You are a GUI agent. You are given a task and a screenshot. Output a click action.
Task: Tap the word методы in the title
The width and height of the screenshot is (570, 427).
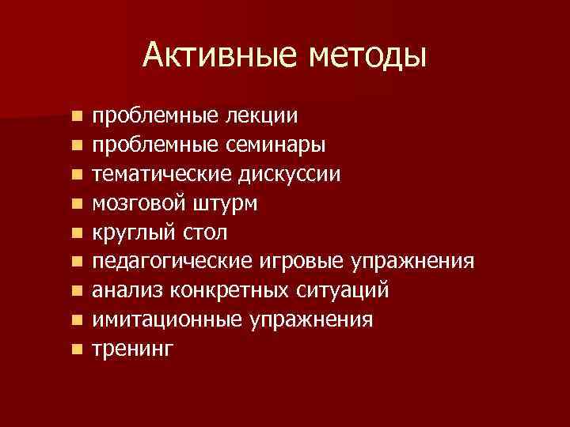click(366, 55)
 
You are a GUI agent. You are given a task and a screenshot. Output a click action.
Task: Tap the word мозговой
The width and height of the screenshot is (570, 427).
click(138, 204)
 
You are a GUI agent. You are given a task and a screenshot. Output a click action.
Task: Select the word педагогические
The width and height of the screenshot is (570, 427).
click(171, 262)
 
